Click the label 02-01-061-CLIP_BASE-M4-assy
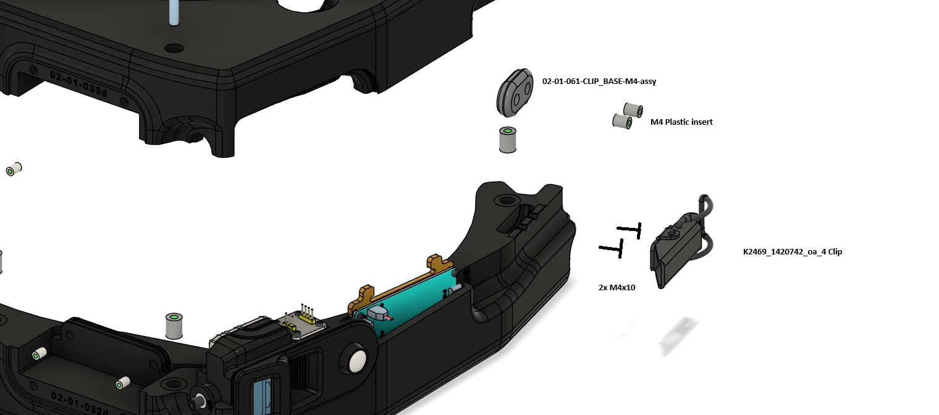[599, 82]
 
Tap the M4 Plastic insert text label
[681, 122]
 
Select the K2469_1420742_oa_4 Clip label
[792, 251]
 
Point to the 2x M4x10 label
[617, 288]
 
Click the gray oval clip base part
[515, 93]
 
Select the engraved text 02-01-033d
[78, 83]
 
